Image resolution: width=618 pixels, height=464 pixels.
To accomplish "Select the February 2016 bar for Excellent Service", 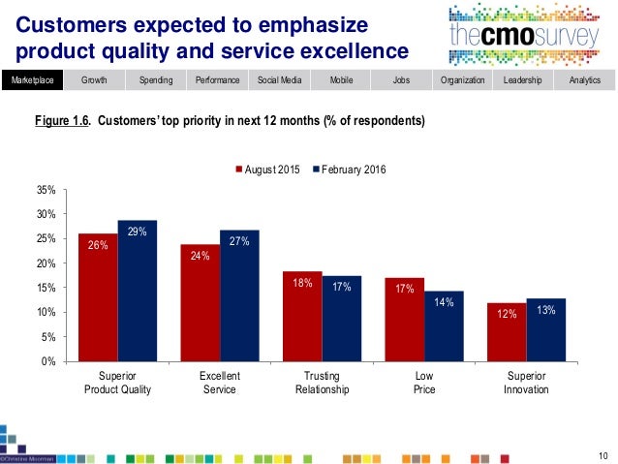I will click(239, 295).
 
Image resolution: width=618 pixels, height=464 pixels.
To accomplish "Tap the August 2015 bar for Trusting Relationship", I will click(301, 317).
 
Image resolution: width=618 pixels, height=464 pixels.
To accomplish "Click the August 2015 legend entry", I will click(268, 170).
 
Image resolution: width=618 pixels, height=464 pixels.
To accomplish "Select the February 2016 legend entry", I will click(343, 170).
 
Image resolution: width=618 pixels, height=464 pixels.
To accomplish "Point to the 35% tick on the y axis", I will click(45, 190).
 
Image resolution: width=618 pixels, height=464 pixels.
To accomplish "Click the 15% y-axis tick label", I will click(45, 288).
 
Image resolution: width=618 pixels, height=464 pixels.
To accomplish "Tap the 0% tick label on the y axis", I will click(47, 362).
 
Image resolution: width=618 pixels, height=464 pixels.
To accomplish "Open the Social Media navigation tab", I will click(278, 80).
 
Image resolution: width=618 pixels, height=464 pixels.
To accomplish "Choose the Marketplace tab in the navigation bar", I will click(32, 80).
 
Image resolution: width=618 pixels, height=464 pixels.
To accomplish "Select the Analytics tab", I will click(585, 80).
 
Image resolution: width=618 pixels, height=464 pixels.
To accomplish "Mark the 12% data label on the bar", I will click(506, 315).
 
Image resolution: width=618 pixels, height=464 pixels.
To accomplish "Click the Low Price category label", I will click(423, 383).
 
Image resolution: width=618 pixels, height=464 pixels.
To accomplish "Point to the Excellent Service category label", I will click(219, 383).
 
